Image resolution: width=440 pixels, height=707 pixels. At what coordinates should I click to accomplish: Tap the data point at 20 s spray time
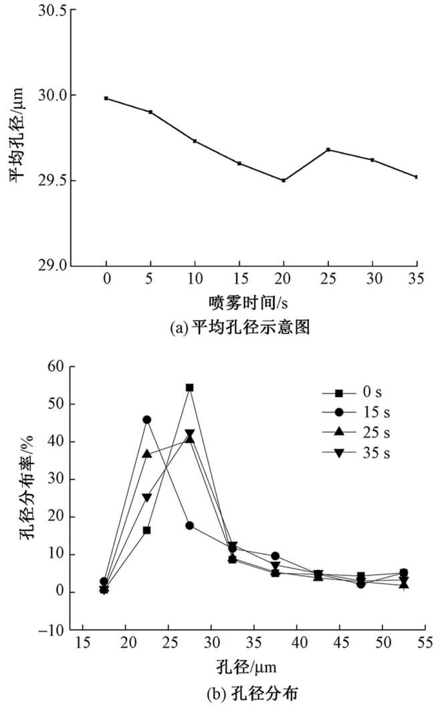284,181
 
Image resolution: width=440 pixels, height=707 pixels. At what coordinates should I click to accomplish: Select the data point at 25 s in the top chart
328,149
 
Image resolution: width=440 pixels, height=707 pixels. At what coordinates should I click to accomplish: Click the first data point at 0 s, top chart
106,98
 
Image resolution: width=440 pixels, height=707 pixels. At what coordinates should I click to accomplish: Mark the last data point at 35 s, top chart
416,177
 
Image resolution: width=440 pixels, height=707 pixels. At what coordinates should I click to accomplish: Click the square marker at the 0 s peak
190,387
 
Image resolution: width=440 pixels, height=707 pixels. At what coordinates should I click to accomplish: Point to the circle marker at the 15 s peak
147,419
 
